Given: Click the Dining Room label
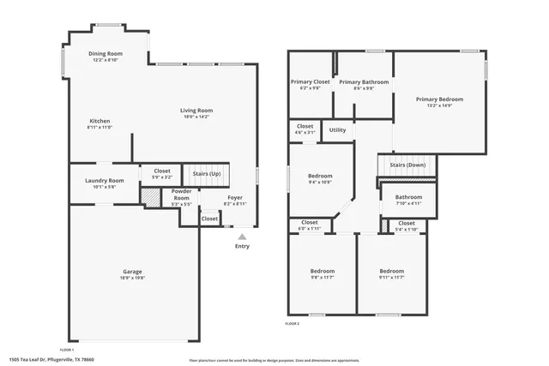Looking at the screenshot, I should tap(107, 54).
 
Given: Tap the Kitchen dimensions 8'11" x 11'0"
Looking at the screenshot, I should tap(100, 127).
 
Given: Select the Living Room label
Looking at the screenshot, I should tap(196, 111).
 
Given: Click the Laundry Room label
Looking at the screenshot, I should tap(105, 180).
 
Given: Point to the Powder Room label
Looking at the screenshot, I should tap(181, 193).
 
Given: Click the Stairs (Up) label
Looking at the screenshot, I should tap(206, 173).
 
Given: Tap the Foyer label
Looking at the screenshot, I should tap(235, 197).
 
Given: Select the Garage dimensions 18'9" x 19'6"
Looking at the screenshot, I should tap(132, 278).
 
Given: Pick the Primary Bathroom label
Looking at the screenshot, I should tap(363, 82).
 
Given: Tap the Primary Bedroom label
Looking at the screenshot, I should tap(439, 99).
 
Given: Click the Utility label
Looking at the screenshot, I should tap(337, 130).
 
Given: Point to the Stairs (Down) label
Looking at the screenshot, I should tap(407, 165).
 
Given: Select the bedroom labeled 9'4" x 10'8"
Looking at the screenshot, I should tap(320, 183).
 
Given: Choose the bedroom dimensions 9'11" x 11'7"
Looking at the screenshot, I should tap(391, 278).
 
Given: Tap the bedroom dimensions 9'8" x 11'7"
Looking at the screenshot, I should tap(322, 278).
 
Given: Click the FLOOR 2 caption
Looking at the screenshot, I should tap(292, 324).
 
